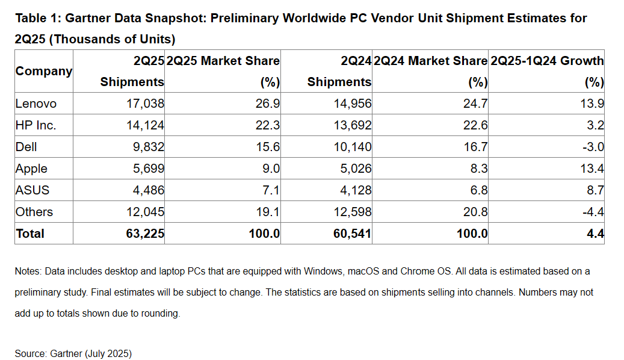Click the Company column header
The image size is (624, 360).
click(43, 71)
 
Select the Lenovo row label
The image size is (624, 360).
click(36, 104)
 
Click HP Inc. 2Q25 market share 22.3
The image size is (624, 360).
click(268, 125)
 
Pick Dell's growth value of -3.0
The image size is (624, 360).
click(592, 147)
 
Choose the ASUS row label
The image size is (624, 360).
click(32, 190)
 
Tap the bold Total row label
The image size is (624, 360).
click(30, 234)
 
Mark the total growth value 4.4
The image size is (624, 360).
click(595, 234)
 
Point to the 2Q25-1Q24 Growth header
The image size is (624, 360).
click(547, 61)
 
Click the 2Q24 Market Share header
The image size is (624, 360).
click(430, 61)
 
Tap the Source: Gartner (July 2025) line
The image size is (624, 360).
click(73, 353)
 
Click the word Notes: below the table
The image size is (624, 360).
click(28, 272)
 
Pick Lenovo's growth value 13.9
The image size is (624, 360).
click(592, 104)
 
